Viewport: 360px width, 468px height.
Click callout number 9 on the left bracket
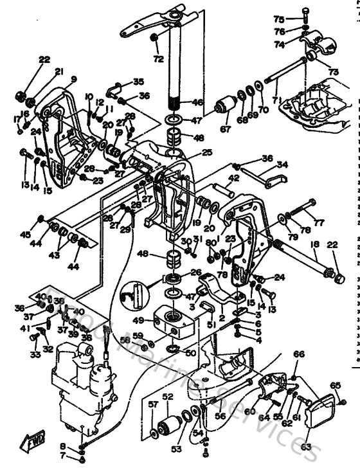coord(73,80)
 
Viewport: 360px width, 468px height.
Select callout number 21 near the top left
coord(59,71)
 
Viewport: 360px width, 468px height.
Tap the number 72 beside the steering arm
coord(158,59)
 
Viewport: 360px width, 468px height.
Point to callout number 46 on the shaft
coord(197,102)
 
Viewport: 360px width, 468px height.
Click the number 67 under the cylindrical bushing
coord(224,129)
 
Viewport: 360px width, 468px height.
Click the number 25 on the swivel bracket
coord(206,152)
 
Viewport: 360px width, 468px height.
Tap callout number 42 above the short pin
coord(234,178)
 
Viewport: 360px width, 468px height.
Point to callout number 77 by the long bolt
coord(319,223)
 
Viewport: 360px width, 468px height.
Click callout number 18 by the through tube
coord(315,245)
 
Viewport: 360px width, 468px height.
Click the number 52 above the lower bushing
coord(168,397)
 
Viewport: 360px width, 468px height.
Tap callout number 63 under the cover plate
coord(305,446)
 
